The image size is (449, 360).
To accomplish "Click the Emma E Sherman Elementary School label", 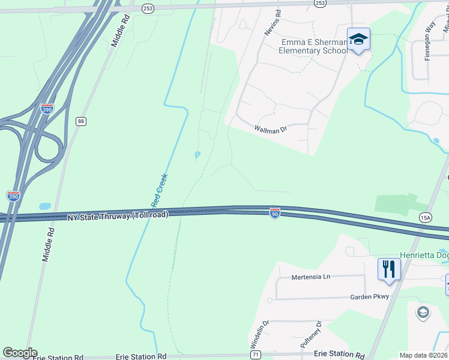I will (313, 47).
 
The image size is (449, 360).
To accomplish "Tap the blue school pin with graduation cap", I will (359, 40).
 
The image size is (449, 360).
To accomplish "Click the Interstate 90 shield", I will (274, 213).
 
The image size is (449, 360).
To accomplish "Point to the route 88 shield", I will (80, 121).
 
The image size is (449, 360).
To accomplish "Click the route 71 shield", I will (256, 355).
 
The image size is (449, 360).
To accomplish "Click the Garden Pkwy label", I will (369, 297).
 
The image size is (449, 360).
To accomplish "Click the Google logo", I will (19, 353).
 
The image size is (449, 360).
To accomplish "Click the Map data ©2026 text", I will (423, 355).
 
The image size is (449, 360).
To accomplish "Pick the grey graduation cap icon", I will (423, 313).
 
